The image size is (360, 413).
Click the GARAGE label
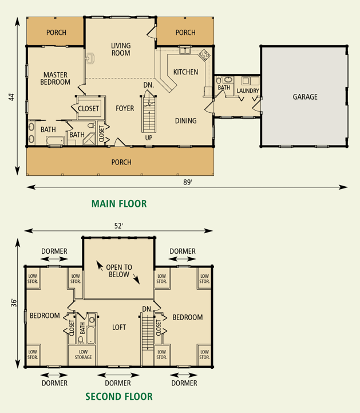coord(305,97)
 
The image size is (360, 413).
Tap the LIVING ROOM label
coord(121,49)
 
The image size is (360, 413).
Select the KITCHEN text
coord(185,72)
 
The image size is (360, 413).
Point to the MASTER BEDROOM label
coord(56,78)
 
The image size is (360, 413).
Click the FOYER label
coord(125,108)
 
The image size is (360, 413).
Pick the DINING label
coord(186,121)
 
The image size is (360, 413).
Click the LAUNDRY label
coord(248,91)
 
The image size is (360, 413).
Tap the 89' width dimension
coord(188,182)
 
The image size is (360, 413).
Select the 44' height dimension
coord(11,96)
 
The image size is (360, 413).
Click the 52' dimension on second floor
coord(118,226)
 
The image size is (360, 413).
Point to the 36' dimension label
coord(14,302)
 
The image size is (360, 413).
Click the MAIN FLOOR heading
coord(119,204)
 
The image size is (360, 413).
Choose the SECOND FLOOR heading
coord(119,396)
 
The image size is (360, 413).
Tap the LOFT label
coord(119,327)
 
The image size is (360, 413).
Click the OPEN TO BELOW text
coord(119,271)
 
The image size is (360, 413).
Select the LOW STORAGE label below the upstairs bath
coord(83,355)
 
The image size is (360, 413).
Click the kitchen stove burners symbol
coord(204,55)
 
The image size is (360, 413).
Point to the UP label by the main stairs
coord(149,137)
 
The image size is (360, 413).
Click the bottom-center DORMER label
coord(118,383)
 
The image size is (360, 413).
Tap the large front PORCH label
coord(121,162)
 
